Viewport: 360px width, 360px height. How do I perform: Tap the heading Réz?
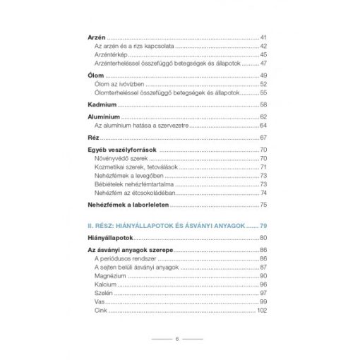[85, 136]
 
